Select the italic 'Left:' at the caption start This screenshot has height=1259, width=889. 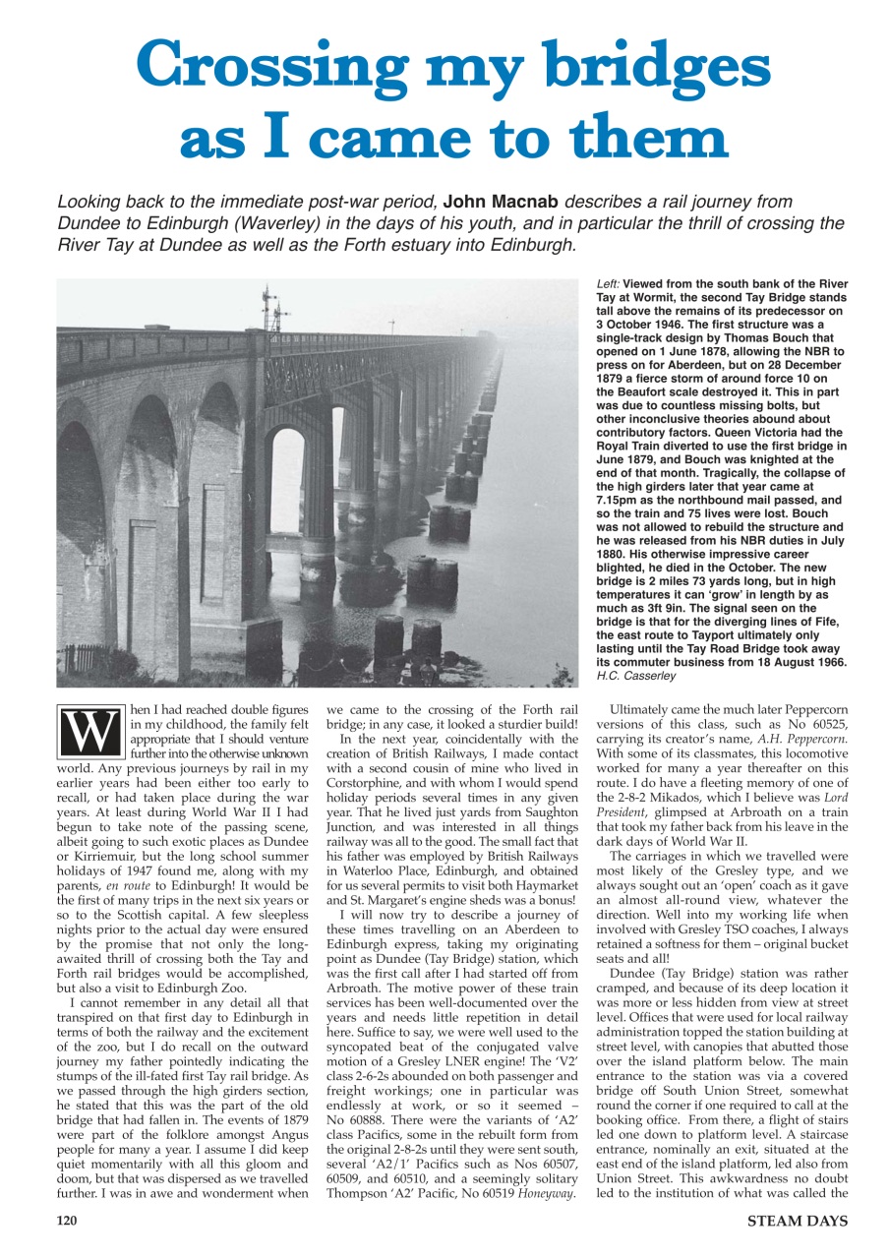click(x=609, y=283)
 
